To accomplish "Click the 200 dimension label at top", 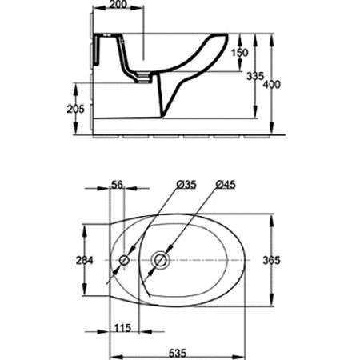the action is [x=118, y=4].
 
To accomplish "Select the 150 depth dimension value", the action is [x=239, y=53].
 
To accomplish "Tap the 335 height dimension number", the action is [x=255, y=76].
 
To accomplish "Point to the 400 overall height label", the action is [x=272, y=85].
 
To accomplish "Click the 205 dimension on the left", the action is [x=75, y=109].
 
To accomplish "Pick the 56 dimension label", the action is [x=117, y=185].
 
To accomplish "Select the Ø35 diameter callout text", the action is [x=186, y=184].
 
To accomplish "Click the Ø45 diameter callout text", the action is [x=226, y=184].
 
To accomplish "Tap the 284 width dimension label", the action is [x=85, y=260].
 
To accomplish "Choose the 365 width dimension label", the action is [x=271, y=260].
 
